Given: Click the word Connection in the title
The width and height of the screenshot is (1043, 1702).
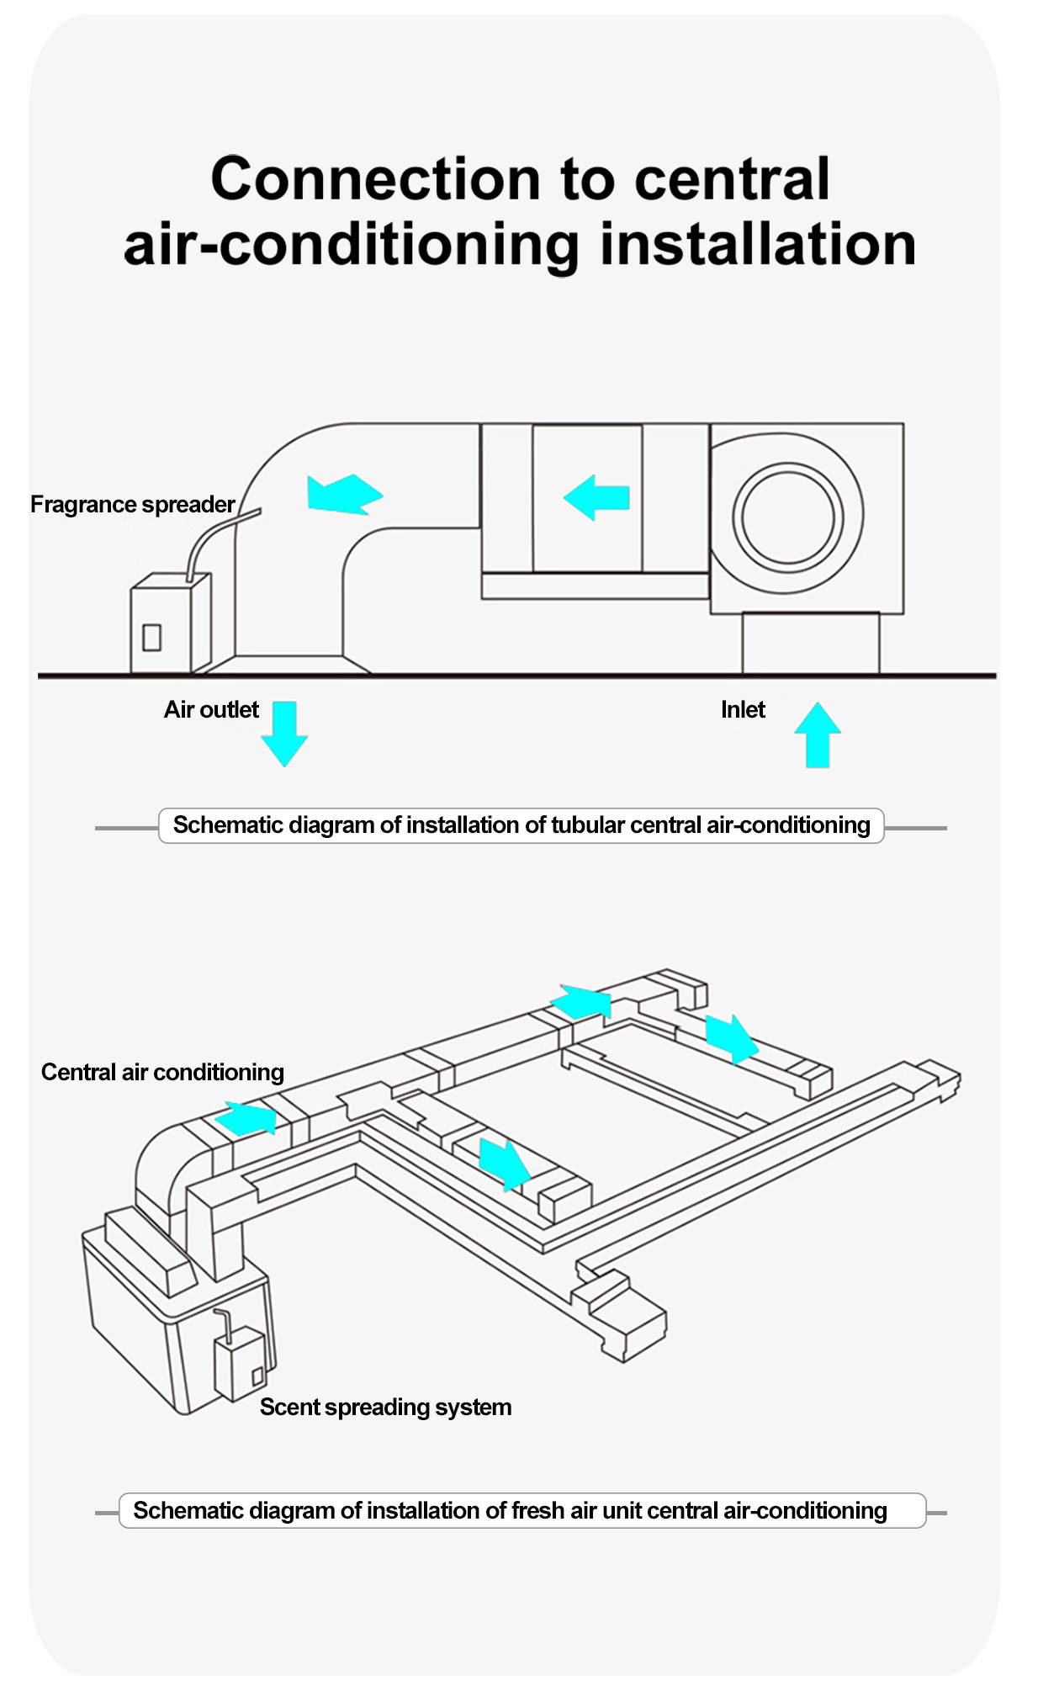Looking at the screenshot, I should coord(375,179).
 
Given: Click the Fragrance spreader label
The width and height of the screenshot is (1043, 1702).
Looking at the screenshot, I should coord(132,505).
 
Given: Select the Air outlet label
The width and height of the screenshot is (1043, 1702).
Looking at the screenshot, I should coord(211,710).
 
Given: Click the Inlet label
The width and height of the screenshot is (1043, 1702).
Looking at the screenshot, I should coord(743,710).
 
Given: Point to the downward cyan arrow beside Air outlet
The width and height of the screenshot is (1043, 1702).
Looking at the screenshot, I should coord(284,733).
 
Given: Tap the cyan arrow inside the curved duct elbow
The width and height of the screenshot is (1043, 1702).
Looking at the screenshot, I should coord(344,494).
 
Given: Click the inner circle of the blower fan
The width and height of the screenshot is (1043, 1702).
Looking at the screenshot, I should coord(787,517).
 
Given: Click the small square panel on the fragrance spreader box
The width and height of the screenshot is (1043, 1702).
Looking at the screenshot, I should coord(152,638).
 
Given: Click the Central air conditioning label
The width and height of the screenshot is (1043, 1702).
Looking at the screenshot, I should coord(162,1073).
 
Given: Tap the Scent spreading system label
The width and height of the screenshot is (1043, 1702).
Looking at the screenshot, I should coord(385,1408).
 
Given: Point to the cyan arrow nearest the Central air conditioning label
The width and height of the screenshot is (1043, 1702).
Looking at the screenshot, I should coord(246,1119).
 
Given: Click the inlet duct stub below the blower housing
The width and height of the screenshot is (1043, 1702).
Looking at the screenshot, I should coord(811,644).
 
